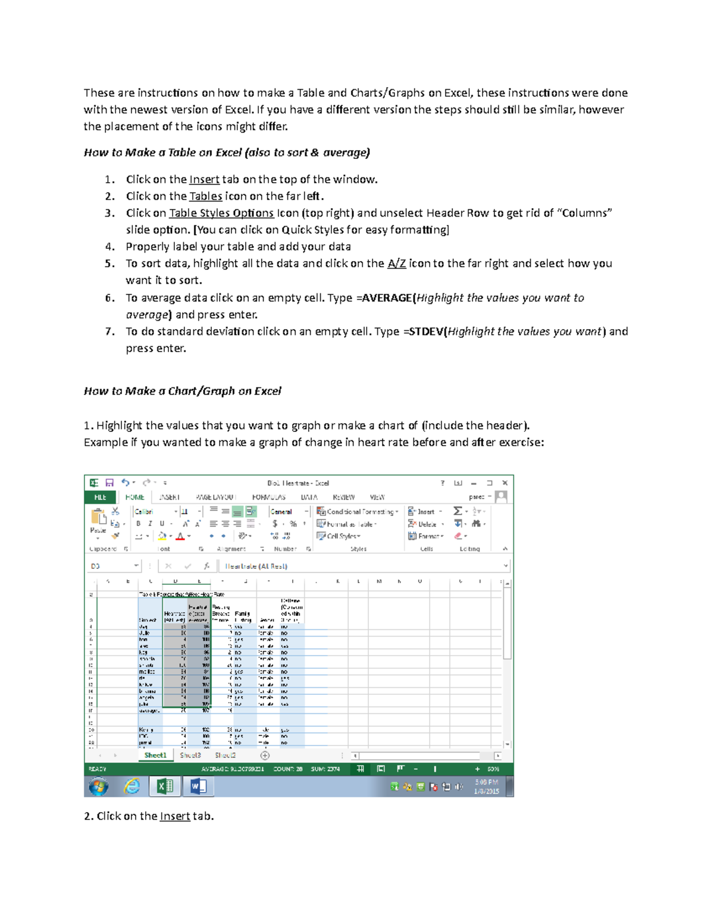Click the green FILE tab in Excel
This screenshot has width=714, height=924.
(100, 497)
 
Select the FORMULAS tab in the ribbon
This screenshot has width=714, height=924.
(268, 497)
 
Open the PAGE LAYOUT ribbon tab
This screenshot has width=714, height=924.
(215, 497)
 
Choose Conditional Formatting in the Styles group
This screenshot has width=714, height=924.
(358, 512)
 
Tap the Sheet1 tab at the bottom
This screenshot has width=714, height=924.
(155, 755)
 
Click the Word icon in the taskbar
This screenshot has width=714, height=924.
(198, 787)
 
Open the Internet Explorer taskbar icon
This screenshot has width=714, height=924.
(131, 787)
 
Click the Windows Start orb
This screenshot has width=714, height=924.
(98, 787)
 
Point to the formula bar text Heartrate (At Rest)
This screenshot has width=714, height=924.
(256, 566)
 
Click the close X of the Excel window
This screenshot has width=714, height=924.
(505, 483)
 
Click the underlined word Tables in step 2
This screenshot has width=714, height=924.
(206, 196)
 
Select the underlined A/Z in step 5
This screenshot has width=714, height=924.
(397, 264)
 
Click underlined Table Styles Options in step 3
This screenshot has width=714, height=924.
(221, 213)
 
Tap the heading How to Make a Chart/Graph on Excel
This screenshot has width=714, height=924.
(182, 391)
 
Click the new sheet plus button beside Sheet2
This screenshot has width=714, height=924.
(265, 756)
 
